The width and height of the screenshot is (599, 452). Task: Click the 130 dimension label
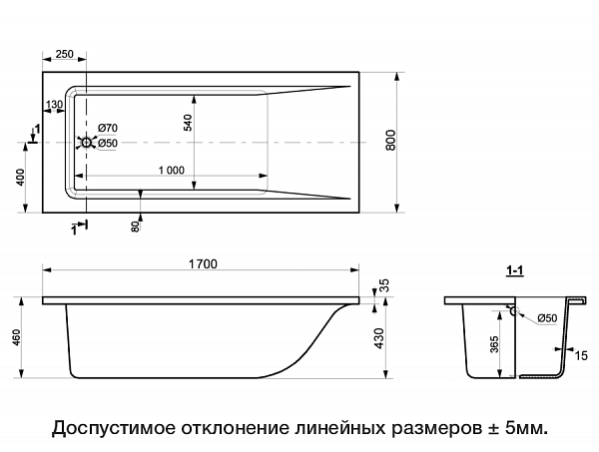click(54, 104)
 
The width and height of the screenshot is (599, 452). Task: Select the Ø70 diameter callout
click(108, 128)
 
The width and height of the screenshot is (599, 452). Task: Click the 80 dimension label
click(135, 225)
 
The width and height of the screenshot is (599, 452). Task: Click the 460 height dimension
click(16, 337)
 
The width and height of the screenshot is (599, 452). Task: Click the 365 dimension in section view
click(495, 345)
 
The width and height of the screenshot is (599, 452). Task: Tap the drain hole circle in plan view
click(86, 143)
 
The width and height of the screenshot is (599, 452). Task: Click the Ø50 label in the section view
click(547, 318)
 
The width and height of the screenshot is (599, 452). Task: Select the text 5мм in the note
click(526, 427)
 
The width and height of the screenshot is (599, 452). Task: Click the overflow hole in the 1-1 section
click(513, 311)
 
